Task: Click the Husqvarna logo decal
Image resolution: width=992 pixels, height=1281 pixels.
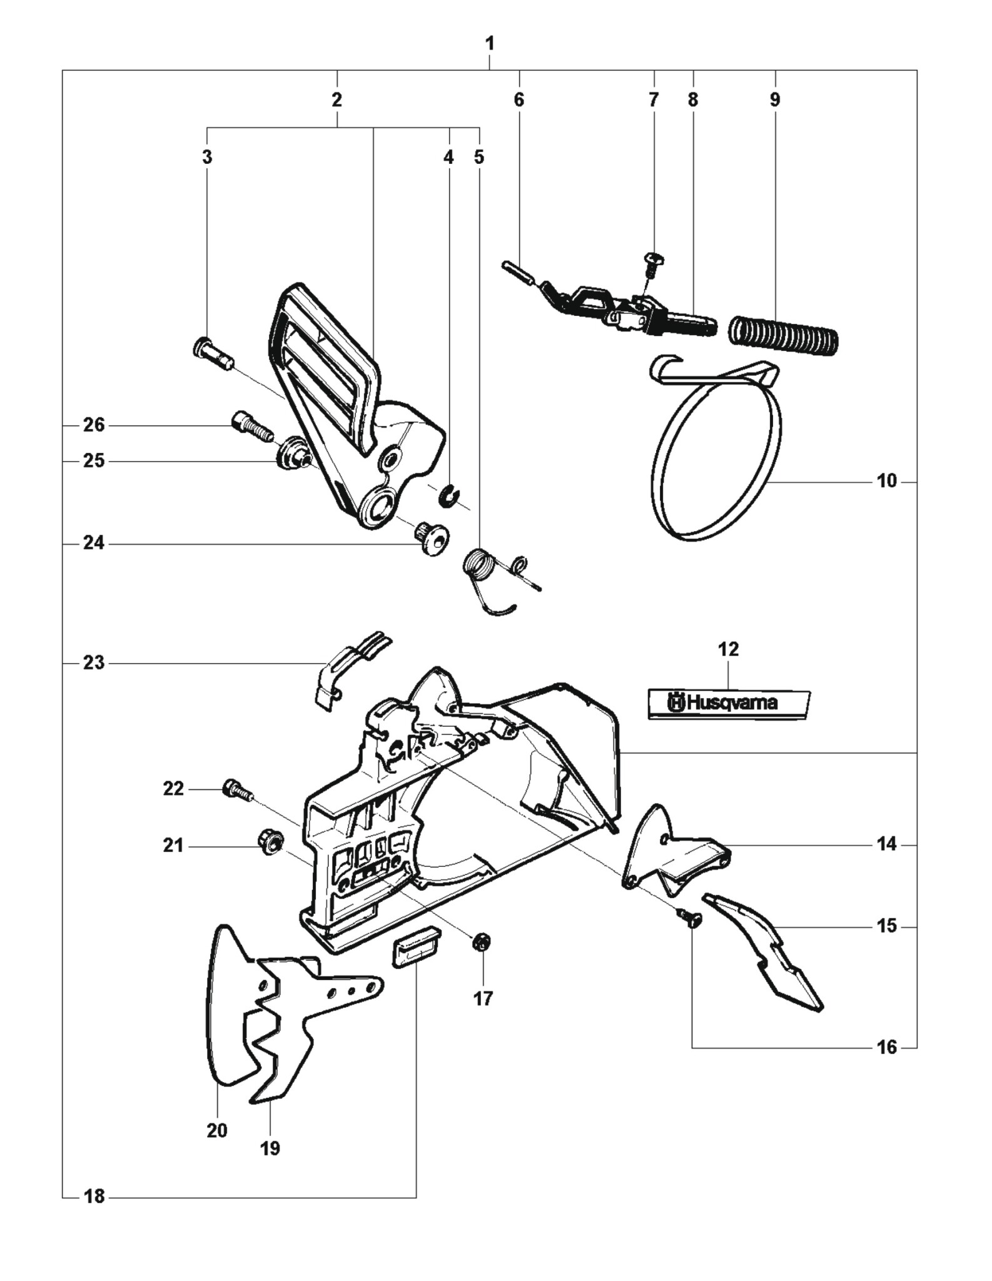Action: click(x=729, y=703)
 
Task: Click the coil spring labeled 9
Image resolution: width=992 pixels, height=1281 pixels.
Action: click(x=784, y=335)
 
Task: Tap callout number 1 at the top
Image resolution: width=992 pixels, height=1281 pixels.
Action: click(x=490, y=44)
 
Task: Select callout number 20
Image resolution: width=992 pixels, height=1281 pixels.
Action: click(x=217, y=1130)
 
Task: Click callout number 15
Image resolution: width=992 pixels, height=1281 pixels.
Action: click(x=887, y=926)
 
